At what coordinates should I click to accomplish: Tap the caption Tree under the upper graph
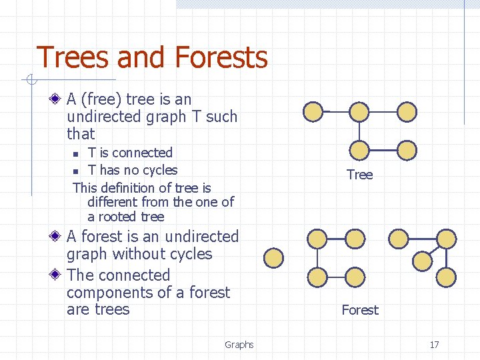point(359,175)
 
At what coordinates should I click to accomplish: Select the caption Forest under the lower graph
point(359,310)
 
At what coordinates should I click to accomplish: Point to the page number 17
point(434,345)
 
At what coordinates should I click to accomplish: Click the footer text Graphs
point(239,345)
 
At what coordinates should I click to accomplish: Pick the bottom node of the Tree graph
point(359,150)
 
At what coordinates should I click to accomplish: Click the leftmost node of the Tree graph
point(313,112)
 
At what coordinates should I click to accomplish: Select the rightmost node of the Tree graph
point(407,112)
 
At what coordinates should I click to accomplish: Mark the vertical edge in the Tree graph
point(359,131)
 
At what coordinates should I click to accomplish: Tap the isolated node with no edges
point(273,257)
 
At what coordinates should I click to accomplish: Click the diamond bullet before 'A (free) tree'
point(58,100)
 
